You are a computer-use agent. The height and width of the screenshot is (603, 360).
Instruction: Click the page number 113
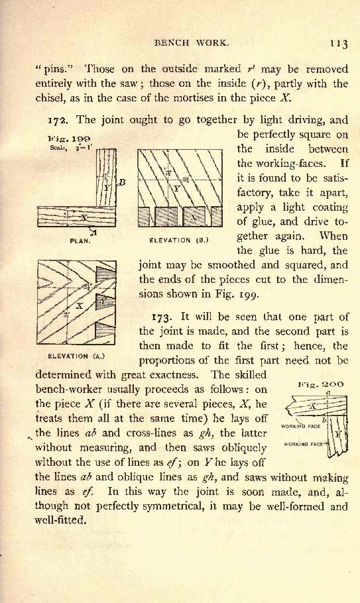tap(339, 43)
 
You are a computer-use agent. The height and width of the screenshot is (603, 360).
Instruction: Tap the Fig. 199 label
tap(69, 139)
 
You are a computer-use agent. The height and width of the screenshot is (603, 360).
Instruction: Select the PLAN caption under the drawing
tap(80, 241)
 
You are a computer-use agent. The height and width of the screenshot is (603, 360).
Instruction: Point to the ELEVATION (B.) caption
tap(179, 241)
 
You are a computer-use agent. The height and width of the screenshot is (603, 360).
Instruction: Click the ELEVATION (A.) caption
tap(76, 356)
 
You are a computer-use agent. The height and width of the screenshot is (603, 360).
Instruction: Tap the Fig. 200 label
tap(321, 384)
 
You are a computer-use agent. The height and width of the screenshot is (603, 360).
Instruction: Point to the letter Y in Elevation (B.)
tap(176, 188)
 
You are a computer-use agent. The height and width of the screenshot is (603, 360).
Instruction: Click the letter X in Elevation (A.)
tap(80, 306)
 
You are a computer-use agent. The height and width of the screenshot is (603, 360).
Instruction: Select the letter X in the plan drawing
tap(84, 217)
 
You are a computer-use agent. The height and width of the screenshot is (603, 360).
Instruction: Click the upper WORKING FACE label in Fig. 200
tap(301, 426)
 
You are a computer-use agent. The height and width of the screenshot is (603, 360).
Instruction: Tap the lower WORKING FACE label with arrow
tap(306, 444)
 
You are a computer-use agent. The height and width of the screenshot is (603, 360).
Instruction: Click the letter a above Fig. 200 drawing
tap(328, 393)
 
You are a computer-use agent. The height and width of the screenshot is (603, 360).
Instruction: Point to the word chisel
tap(50, 97)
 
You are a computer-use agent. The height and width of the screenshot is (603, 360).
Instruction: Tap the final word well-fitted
tap(60, 520)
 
